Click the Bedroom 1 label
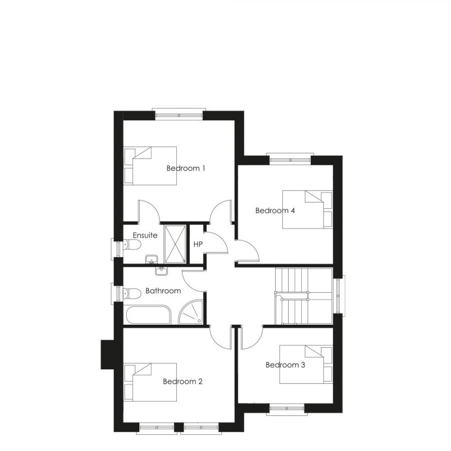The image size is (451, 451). (186, 168)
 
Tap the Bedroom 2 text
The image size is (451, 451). (182, 382)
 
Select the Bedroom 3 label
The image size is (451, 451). (285, 365)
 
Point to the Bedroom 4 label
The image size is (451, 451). (275, 210)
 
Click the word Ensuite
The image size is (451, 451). (145, 235)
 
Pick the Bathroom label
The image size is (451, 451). (163, 291)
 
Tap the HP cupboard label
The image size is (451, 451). (197, 245)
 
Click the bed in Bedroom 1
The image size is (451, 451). (150, 166)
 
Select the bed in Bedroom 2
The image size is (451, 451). (150, 382)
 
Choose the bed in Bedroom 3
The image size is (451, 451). (306, 364)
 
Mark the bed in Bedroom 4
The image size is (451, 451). (307, 209)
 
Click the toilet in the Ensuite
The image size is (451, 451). (132, 245)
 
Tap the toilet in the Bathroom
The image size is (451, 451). (132, 293)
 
